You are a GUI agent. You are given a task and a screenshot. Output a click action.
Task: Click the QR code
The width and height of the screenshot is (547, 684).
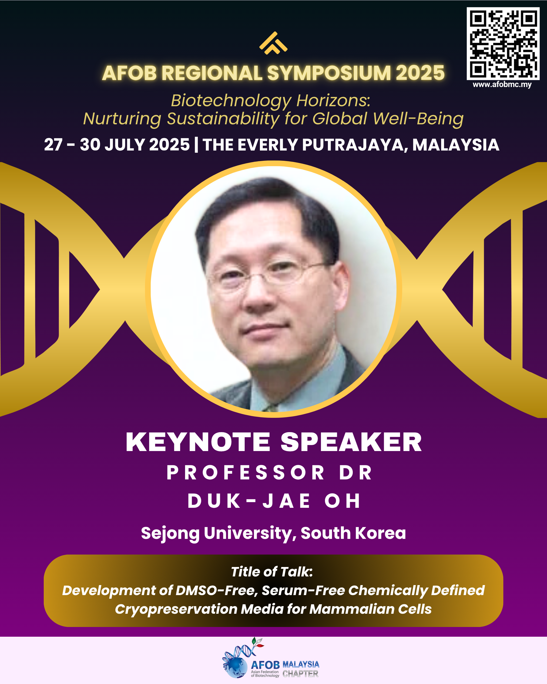point(503,44)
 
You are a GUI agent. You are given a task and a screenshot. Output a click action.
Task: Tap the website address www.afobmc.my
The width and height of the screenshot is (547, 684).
point(502,84)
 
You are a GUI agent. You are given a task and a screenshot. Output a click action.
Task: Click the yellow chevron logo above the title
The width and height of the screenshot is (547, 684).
point(273,43)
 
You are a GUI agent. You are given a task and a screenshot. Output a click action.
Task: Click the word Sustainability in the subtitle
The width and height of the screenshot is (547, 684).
point(223,119)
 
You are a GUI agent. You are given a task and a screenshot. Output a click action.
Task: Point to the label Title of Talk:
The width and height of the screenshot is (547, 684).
point(272,572)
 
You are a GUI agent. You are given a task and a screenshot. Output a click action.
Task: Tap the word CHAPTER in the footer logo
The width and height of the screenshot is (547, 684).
point(300,673)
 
